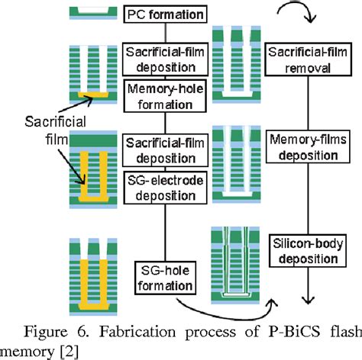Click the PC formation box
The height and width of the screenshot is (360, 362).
point(166,13)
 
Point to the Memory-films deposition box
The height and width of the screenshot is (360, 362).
point(301,147)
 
